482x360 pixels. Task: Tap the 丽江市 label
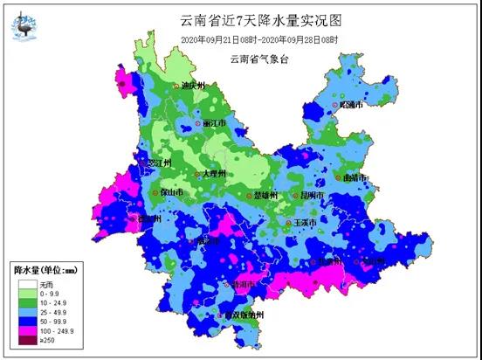(215, 123)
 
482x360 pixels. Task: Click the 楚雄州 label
(264, 195)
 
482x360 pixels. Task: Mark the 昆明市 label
(312, 195)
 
